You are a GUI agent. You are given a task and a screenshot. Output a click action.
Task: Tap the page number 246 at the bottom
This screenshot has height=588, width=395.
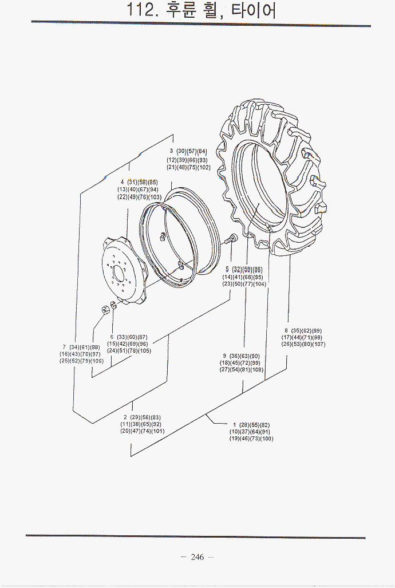197,557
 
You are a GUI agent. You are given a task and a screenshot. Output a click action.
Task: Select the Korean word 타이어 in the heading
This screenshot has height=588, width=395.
254,10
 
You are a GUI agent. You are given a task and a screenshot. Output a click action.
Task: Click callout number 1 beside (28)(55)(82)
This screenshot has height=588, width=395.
234,425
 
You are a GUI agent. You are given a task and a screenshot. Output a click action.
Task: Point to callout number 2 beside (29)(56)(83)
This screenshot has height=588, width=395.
125,417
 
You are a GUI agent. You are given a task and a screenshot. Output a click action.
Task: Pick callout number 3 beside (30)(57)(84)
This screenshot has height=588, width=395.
171,151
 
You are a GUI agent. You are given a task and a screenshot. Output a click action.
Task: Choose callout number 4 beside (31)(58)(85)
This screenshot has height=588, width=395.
122,182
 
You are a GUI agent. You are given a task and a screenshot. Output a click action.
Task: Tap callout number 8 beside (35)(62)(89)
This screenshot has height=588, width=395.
286,330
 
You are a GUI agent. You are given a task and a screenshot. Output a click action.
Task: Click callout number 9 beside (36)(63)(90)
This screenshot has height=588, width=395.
225,356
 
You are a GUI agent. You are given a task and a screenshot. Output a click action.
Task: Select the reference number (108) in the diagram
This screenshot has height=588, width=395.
256,370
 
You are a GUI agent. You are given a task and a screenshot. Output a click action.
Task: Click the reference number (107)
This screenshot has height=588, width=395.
318,344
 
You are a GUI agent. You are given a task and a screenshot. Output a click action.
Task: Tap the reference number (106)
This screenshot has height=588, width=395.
97,361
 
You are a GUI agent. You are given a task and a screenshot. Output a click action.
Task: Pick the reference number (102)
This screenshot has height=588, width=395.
203,167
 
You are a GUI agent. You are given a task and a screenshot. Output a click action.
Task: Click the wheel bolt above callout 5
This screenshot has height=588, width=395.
232,238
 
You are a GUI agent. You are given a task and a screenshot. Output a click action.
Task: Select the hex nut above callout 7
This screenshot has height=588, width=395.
105,310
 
